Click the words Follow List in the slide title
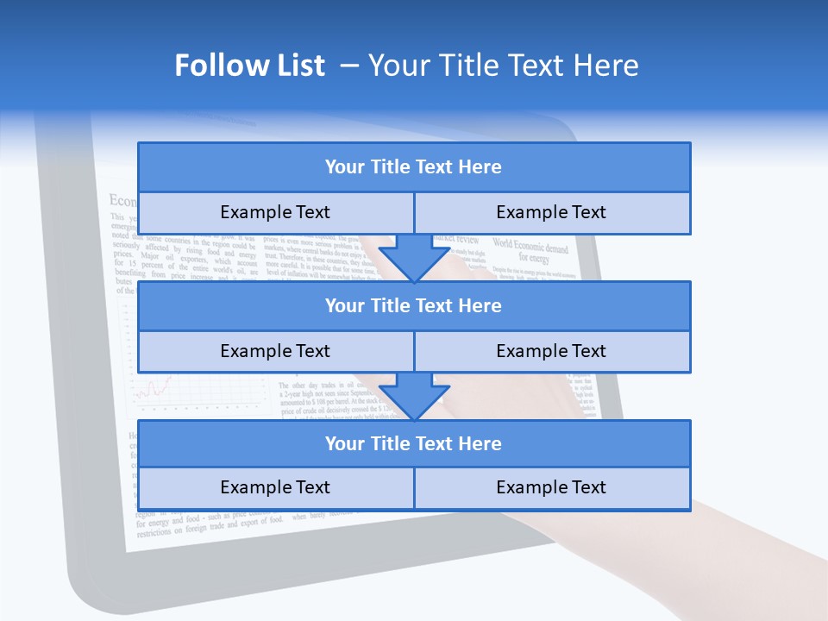pos(249,66)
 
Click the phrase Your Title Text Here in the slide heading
pos(504,66)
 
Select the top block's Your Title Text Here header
pos(413,167)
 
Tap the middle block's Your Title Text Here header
pos(413,306)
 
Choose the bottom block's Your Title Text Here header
pos(413,444)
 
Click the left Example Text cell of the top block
pos(275,212)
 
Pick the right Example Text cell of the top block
pos(551,212)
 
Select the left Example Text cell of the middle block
pos(275,351)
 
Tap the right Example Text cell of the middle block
pos(551,351)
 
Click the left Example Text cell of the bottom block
pos(275,487)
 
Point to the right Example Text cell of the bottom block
pos(551,487)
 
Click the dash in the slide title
pos(350,66)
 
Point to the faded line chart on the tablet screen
pos(155,388)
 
